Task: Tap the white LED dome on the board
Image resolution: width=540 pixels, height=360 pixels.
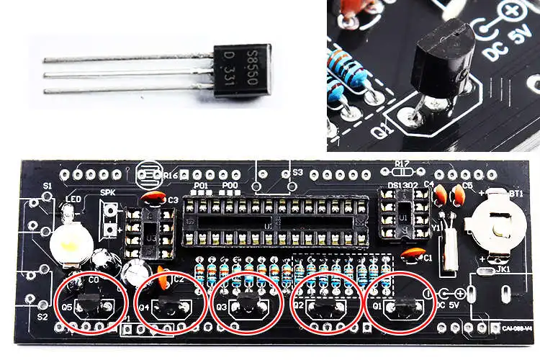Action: click(x=67, y=244)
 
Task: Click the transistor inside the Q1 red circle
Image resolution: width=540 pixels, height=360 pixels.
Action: click(x=400, y=307)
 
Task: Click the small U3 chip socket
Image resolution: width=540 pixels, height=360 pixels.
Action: click(x=151, y=232)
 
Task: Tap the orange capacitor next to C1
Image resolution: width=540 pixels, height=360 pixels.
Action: click(x=412, y=253)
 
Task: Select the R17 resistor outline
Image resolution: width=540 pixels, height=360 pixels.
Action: click(x=403, y=172)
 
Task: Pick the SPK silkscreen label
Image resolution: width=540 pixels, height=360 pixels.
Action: click(x=107, y=193)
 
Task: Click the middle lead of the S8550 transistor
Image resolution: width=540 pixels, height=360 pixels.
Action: click(x=130, y=75)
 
